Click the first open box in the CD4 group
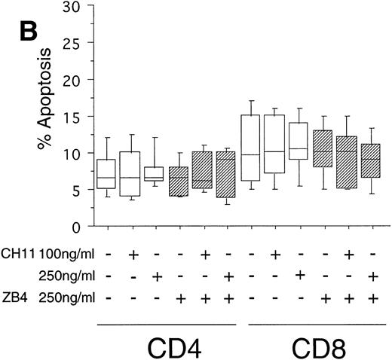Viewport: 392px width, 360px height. [106, 174]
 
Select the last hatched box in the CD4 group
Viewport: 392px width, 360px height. [225, 175]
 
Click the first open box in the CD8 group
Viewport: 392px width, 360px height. [250, 148]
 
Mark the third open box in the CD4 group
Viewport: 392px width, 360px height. [155, 174]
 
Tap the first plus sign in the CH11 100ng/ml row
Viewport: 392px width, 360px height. [133, 255]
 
